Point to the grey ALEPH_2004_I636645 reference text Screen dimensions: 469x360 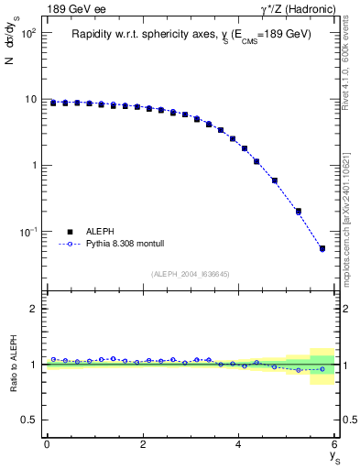(x=191, y=274)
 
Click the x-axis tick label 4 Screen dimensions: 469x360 (x=239, y=443)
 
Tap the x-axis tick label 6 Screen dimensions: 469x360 (x=335, y=443)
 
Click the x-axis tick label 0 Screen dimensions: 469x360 (x=47, y=443)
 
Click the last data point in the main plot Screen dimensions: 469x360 (x=322, y=248)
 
